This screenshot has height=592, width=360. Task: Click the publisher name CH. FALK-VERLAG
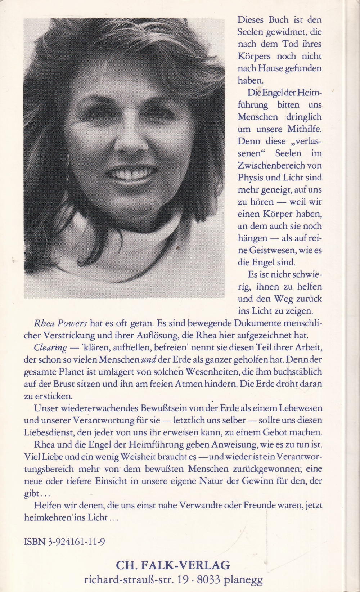click(173, 565)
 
